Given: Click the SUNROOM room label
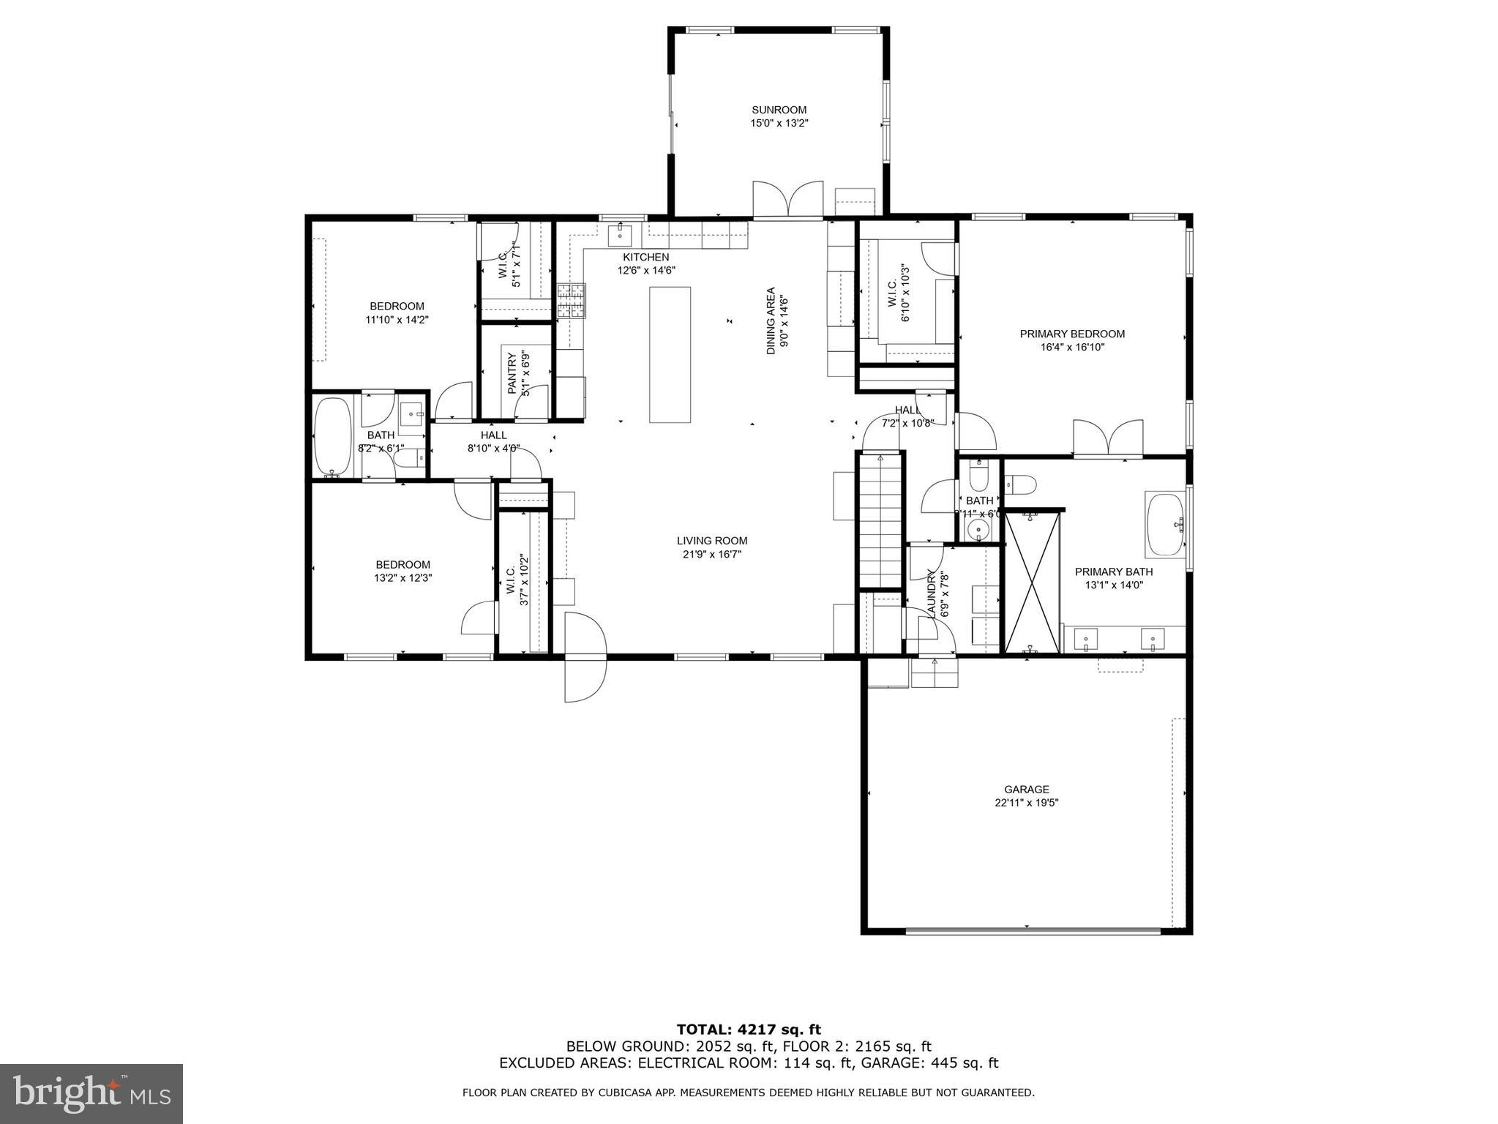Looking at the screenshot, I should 779,110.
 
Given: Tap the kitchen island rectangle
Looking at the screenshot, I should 670,354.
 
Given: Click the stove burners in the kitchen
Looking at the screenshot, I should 572,301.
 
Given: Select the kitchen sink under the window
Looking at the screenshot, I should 619,236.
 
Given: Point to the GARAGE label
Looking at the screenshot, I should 1026,789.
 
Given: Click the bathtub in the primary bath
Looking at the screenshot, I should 1165,525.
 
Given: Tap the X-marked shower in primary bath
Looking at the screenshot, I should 1032,582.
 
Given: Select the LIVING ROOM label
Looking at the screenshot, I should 711,541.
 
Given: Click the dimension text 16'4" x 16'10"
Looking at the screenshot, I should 1072,348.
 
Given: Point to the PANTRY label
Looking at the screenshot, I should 512,373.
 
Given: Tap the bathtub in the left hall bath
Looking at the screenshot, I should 333,437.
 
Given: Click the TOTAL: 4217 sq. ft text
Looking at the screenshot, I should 748,1030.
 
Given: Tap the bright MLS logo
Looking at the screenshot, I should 91,1093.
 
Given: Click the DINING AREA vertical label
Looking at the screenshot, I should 771,321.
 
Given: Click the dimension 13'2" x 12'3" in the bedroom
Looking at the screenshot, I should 402,578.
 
